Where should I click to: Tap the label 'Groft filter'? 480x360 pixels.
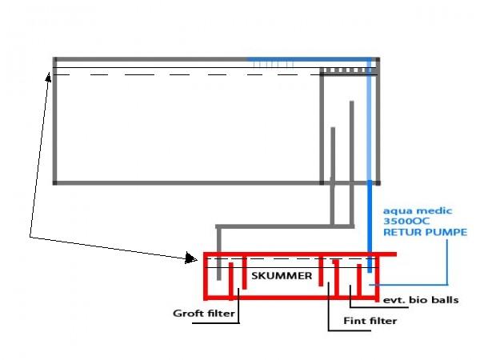tap(203, 314)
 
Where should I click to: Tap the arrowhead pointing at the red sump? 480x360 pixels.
tap(190, 258)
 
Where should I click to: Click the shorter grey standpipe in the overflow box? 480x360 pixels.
tap(334, 152)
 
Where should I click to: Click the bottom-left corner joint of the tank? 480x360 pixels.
tap(54, 182)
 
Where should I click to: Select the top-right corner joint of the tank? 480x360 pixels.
tap(378, 59)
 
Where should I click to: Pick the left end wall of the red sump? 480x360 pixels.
tap(206, 275)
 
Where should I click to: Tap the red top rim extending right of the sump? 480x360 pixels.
tap(384, 255)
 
